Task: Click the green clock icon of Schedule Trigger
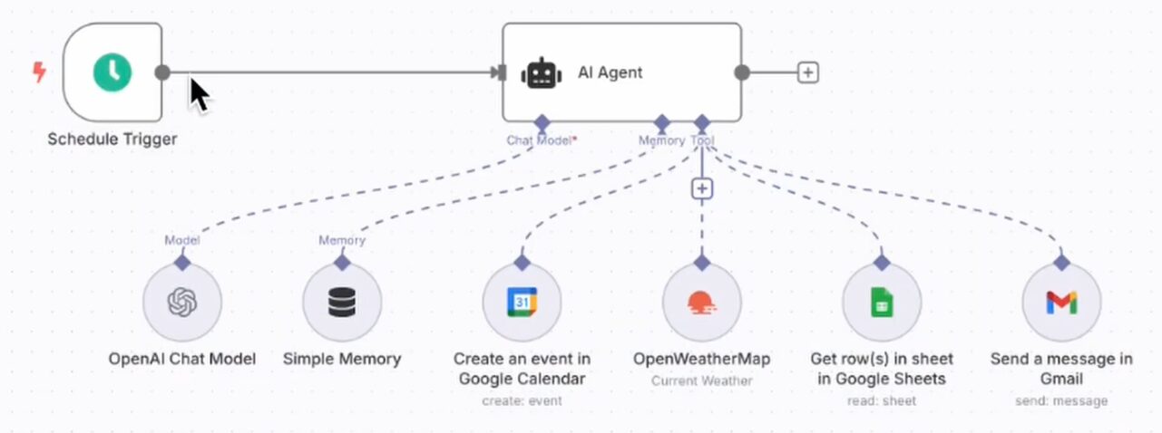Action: tap(112, 72)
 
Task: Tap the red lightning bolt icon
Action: tap(39, 72)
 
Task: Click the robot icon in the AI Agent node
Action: tap(541, 72)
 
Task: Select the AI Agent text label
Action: tap(610, 72)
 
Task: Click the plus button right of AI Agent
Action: tap(807, 72)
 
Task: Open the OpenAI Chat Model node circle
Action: tap(182, 303)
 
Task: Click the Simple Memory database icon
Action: tap(342, 303)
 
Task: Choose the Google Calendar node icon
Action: tap(522, 303)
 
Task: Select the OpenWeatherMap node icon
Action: tap(701, 303)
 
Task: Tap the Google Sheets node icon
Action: tap(881, 303)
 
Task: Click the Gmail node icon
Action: tap(1060, 303)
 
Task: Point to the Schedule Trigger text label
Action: tap(112, 140)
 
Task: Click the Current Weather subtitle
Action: tap(701, 380)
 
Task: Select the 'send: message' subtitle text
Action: tap(1060, 400)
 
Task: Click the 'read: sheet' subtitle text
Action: tap(881, 400)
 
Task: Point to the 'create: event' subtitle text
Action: tap(522, 400)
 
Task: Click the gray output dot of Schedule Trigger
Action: tap(162, 72)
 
